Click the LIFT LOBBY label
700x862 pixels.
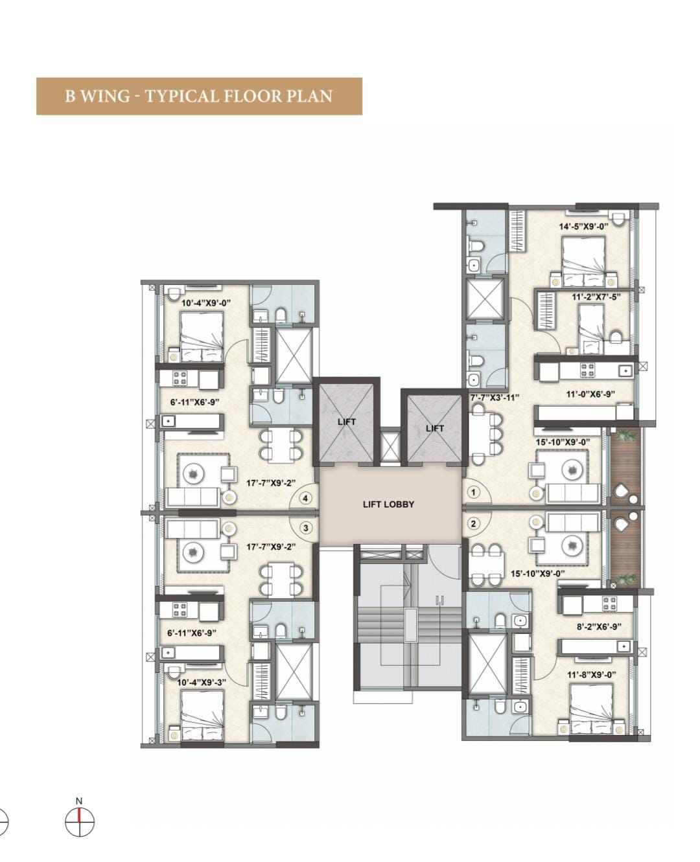[x=388, y=505]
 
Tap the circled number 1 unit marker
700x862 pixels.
[x=473, y=492]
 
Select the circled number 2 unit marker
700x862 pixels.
[x=473, y=524]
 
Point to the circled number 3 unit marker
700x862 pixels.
[x=306, y=528]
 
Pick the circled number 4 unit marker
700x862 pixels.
[x=305, y=498]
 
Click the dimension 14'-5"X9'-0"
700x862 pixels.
[x=583, y=227]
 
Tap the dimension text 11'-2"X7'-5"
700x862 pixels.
[x=596, y=297]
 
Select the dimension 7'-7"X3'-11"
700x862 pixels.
[x=495, y=398]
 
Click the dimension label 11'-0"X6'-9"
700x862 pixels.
[x=590, y=394]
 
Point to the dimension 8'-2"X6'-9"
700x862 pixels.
[x=599, y=627]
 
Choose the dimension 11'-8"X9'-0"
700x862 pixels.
[x=591, y=675]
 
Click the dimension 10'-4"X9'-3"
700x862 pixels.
[x=201, y=683]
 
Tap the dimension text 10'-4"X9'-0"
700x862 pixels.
[x=205, y=302]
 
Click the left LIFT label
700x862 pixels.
[x=347, y=422]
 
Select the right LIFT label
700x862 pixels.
[x=435, y=428]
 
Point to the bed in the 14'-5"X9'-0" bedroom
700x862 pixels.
[x=583, y=262]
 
